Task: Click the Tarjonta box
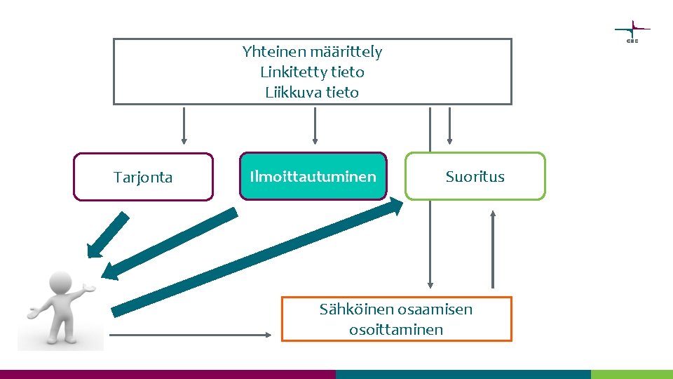pos(143,177)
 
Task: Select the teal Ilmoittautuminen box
pos(313,176)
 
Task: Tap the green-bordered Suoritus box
pos(475,176)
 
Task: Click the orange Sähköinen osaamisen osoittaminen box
pos(396,319)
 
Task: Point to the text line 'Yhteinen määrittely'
pos(312,51)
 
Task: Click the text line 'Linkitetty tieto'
pos(312,72)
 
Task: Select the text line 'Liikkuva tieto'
pos(312,92)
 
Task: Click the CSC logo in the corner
pos(632,32)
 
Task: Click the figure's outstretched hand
pos(88,288)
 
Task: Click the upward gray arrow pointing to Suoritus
pos(493,249)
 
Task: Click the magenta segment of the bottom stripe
pos(168,374)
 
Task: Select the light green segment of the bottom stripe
pos(632,374)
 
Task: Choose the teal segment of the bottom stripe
pos(463,374)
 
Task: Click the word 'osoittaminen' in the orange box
pos(396,329)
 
